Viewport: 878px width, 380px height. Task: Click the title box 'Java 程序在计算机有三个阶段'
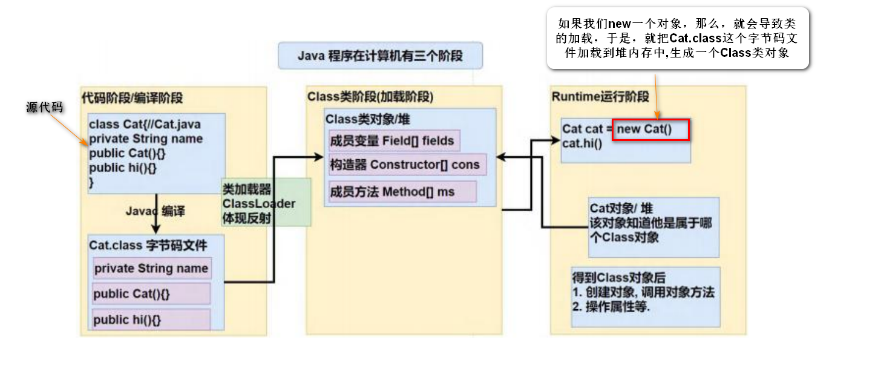point(380,56)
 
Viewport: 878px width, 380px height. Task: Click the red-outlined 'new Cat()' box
point(650,129)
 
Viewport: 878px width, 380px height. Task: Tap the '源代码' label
point(45,107)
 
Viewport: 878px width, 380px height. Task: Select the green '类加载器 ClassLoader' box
point(266,203)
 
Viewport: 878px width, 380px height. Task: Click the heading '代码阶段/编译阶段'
point(132,97)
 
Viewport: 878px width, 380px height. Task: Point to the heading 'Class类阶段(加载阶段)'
point(370,97)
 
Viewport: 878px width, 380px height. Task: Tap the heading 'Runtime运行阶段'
point(600,97)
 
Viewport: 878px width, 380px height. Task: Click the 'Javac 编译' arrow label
point(155,212)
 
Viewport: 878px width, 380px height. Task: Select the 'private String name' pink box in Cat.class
point(151,268)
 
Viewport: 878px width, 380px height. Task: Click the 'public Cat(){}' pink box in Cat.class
point(151,293)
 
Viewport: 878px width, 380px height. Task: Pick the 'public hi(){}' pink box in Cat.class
point(151,319)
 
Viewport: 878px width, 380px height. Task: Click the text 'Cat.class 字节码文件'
point(148,245)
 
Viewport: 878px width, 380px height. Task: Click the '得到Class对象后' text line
point(618,278)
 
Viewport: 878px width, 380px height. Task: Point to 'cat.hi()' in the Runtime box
point(582,143)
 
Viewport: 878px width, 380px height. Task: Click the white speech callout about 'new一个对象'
point(678,38)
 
